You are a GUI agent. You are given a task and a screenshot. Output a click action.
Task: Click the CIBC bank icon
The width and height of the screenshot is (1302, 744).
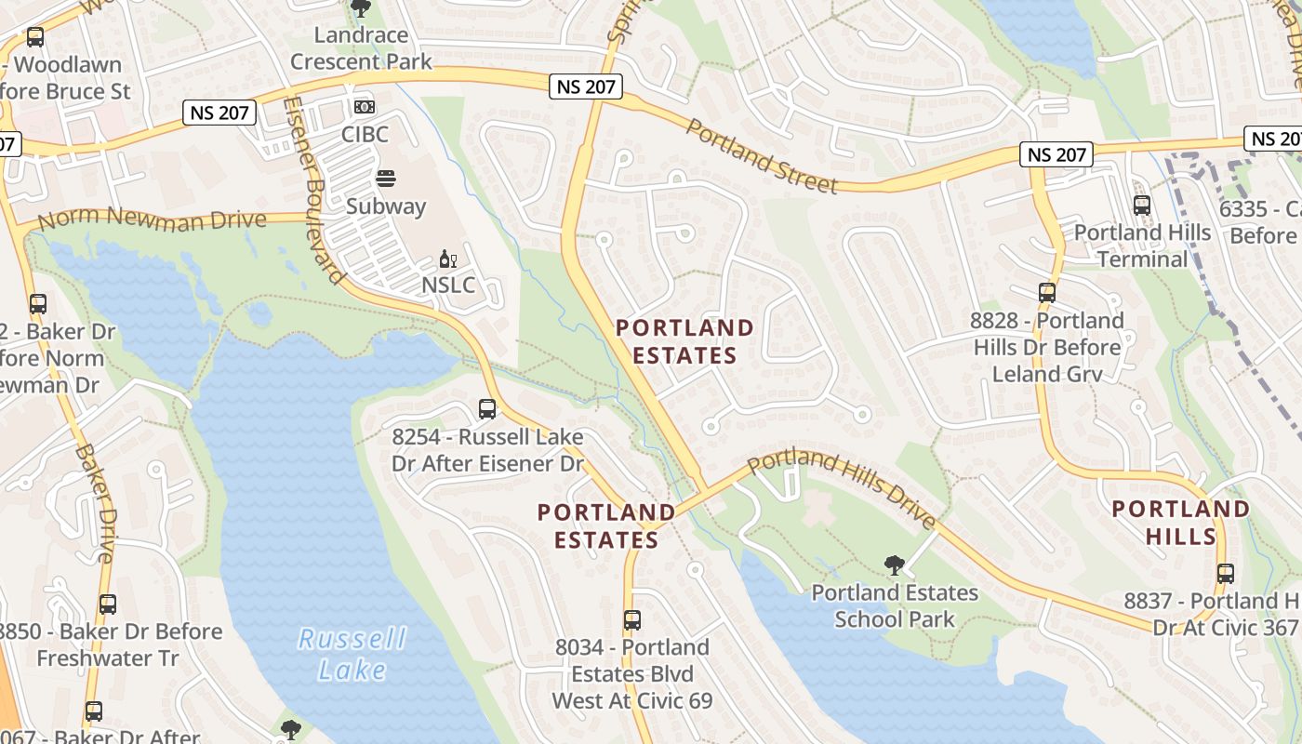point(364,107)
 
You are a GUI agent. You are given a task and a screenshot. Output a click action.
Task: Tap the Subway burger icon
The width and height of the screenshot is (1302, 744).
point(385,179)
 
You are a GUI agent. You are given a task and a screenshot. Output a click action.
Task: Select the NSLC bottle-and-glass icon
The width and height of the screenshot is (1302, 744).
point(448,259)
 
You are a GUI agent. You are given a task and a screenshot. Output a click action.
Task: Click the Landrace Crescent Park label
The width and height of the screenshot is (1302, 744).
point(361,48)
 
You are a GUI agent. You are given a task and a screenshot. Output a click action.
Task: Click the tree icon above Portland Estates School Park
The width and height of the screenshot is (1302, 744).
point(895,565)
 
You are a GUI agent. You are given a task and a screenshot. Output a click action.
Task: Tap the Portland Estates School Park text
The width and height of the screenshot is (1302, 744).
point(894,605)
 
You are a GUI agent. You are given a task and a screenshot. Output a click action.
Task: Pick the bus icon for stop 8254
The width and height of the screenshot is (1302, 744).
point(486,409)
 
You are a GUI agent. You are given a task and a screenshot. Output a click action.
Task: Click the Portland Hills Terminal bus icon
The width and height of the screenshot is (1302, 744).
point(1141,206)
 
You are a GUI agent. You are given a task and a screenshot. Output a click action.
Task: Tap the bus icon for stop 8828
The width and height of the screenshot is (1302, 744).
point(1047,293)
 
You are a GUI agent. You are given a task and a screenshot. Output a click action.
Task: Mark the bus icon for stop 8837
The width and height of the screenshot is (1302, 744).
point(1225,574)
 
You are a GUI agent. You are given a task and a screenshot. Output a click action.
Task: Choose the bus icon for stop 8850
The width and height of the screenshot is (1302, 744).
point(108,604)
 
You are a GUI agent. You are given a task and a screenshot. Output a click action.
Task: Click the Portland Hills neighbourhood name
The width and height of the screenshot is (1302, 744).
point(1181,522)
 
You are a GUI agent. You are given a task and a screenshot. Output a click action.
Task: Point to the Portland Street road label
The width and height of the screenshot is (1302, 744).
point(762,156)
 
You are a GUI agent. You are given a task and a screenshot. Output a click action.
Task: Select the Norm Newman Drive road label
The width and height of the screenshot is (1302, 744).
point(153,219)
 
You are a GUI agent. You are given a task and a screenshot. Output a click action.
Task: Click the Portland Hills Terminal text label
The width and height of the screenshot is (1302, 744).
point(1142,246)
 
